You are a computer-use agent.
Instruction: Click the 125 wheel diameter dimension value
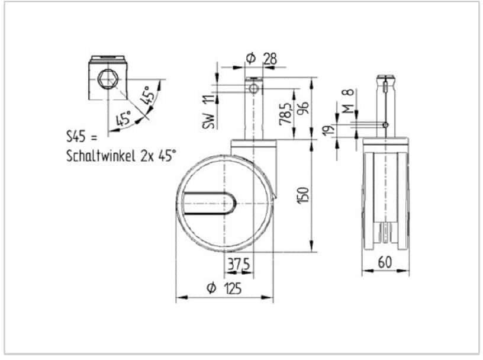[x=233, y=288]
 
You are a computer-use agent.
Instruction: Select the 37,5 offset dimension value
[x=239, y=265]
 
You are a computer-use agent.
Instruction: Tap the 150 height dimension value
[x=303, y=195]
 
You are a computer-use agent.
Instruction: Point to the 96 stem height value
[x=304, y=108]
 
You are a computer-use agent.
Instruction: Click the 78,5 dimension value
[x=286, y=114]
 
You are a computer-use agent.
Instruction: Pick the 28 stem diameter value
[x=270, y=59]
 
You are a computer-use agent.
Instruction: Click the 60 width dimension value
[x=385, y=263]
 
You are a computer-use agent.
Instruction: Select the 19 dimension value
[x=329, y=129]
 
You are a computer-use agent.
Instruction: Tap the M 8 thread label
[x=349, y=101]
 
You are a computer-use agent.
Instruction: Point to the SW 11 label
[x=208, y=111]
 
